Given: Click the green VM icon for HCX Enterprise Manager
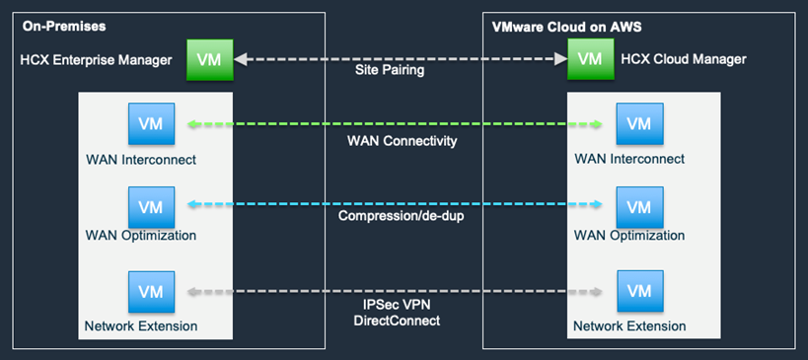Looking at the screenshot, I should tap(209, 59).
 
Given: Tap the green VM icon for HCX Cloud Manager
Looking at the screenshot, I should tap(590, 59).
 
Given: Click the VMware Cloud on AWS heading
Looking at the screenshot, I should tap(566, 25).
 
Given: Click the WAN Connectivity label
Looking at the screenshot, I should tap(403, 141).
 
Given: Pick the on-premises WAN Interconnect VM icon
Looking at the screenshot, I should tap(151, 124).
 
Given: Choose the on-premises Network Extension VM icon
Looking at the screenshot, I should tap(151, 292).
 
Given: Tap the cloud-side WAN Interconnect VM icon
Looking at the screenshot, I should tap(639, 124).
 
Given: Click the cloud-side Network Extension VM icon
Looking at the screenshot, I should tap(639, 292).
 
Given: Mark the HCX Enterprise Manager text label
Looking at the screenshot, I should tap(97, 60).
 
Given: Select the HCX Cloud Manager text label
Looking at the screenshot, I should tap(684, 60).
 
